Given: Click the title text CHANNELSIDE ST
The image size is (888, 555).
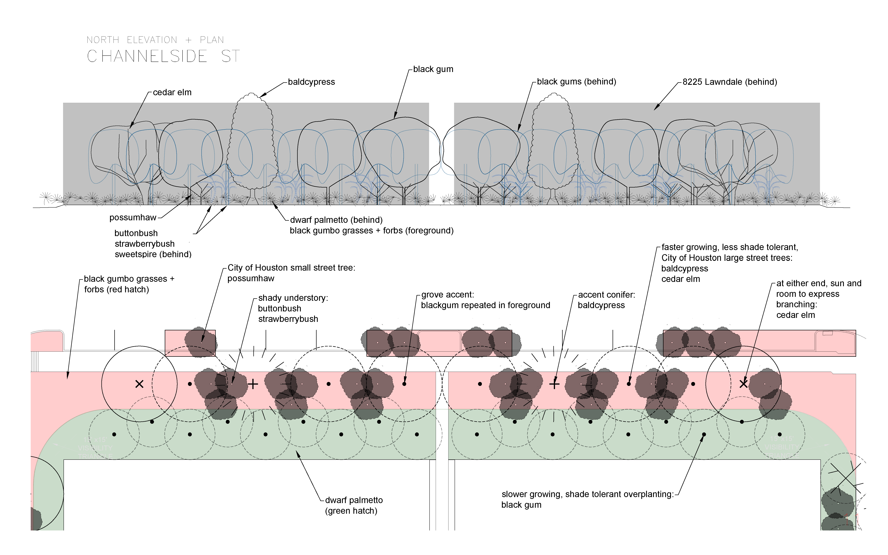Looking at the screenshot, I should (163, 57).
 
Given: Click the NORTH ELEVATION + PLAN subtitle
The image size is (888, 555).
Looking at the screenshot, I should (155, 40).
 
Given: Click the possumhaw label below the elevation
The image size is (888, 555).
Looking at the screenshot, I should (133, 218).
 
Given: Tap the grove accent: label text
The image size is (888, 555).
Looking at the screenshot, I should (447, 295).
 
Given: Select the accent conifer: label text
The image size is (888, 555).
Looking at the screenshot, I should (606, 295).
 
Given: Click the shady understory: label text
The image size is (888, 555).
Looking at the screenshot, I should (293, 298).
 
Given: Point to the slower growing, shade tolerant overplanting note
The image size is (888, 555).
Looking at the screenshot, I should (587, 494).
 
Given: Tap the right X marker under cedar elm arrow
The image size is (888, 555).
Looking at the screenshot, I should (743, 384).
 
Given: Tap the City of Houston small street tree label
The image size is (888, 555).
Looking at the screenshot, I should (291, 268).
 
